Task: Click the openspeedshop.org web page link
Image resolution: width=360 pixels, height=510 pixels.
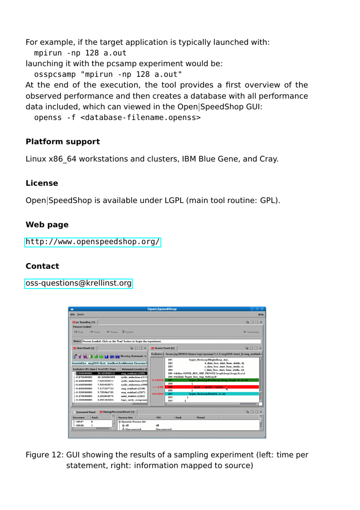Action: click(x=92, y=242)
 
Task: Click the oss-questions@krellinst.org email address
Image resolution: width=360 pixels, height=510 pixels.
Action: click(x=78, y=283)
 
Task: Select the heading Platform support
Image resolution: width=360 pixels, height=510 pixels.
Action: click(x=63, y=142)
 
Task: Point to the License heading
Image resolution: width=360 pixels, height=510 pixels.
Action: click(x=42, y=183)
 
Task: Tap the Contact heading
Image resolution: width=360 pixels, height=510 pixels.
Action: click(x=42, y=266)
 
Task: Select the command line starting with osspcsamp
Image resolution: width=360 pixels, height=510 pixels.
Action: click(x=108, y=75)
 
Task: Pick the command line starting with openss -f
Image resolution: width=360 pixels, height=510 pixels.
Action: click(x=117, y=118)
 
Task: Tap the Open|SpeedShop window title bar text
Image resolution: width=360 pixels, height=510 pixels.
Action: click(x=162, y=309)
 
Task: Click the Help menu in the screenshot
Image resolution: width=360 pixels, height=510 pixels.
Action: click(x=261, y=314)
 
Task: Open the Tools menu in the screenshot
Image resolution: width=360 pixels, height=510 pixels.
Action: click(x=80, y=314)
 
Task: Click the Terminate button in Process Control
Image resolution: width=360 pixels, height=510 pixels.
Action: click(x=252, y=332)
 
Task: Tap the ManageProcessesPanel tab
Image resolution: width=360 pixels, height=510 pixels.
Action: click(x=117, y=412)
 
